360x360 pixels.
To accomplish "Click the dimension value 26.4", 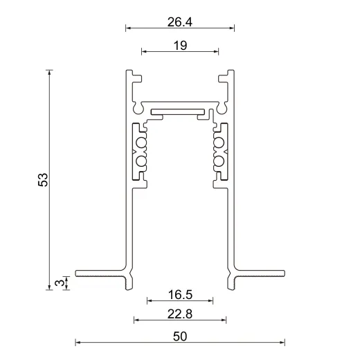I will click(x=179, y=22).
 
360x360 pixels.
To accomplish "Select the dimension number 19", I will click(x=179, y=45).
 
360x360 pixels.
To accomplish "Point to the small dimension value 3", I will click(x=60, y=282).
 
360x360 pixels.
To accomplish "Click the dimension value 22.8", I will click(x=179, y=314).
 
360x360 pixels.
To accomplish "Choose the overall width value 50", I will click(x=179, y=336).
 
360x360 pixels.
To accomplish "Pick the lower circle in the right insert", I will click(x=219, y=161).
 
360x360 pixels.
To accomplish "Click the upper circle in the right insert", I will click(x=219, y=143).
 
